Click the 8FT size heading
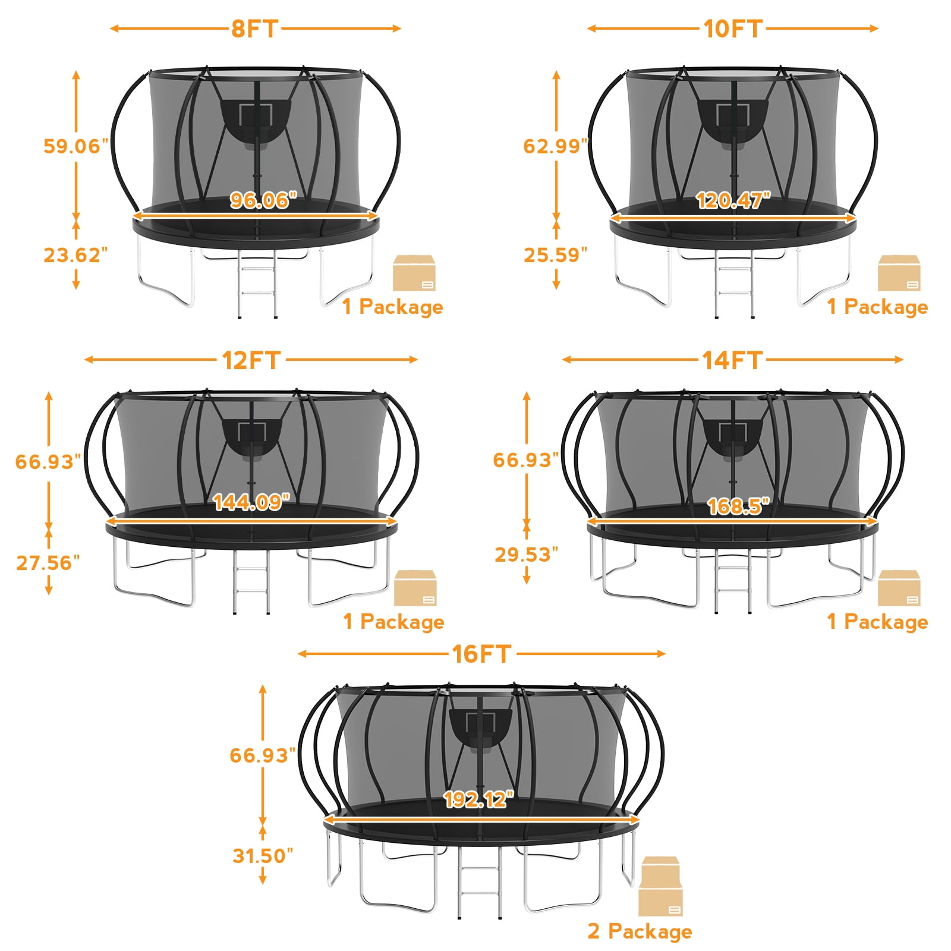tap(255, 29)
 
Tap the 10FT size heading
tap(732, 29)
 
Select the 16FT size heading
tap(481, 654)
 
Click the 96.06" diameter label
tap(263, 200)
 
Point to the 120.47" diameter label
tap(733, 200)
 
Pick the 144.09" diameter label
tap(251, 502)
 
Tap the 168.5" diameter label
tap(738, 506)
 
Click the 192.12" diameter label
tap(478, 799)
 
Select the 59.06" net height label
tap(76, 146)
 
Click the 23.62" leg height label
tap(75, 255)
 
